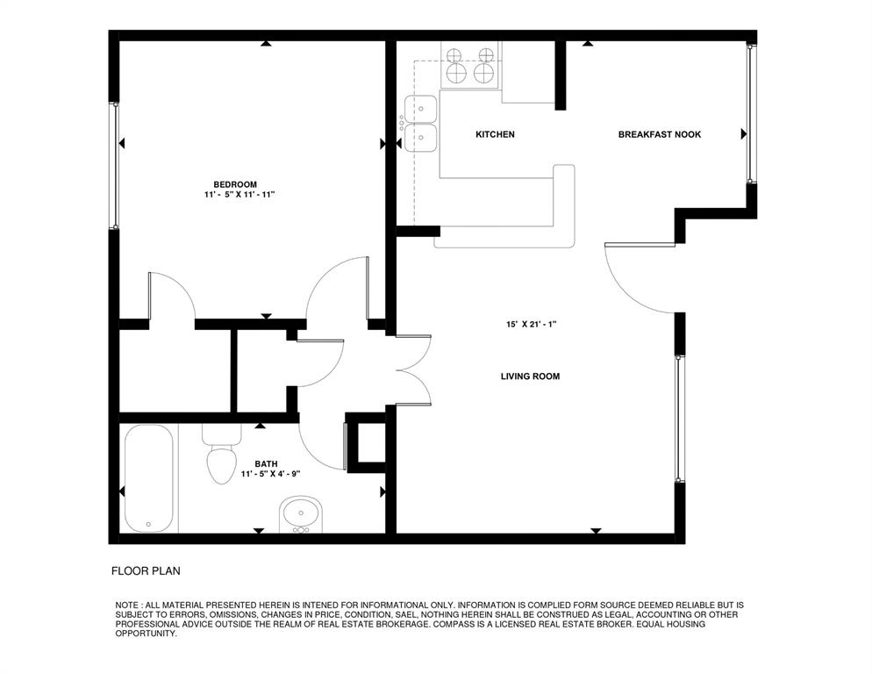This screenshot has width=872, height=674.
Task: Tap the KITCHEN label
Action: pyautogui.click(x=495, y=134)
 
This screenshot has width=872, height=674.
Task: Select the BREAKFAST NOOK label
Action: pyautogui.click(x=659, y=134)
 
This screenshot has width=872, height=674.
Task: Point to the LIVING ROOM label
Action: pyautogui.click(x=530, y=376)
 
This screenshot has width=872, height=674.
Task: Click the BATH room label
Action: pyautogui.click(x=266, y=463)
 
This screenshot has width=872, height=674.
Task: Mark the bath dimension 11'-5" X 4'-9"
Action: pyautogui.click(x=271, y=474)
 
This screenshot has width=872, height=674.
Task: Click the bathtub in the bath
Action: pyautogui.click(x=149, y=479)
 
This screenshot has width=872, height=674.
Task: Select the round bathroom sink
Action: pyautogui.click(x=301, y=516)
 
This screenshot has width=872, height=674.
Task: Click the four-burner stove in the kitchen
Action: pyautogui.click(x=471, y=65)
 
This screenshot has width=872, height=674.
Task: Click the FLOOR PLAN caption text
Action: pyautogui.click(x=146, y=571)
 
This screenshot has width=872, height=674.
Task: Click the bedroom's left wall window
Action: pyautogui.click(x=113, y=167)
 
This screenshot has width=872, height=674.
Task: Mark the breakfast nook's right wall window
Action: pyautogui.click(x=750, y=111)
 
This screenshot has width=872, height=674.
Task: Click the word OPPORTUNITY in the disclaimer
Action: pyautogui.click(x=147, y=633)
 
